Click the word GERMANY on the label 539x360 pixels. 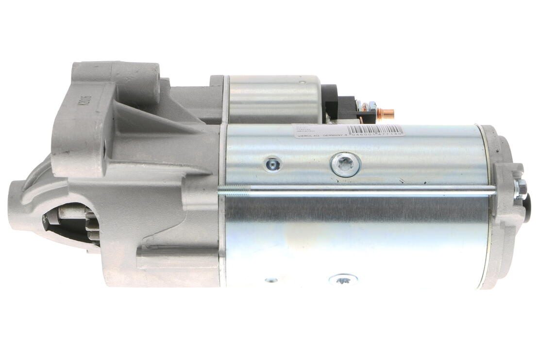[x=330, y=136]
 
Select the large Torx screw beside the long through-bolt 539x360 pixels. [x=346, y=165]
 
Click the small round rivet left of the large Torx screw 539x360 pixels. [x=272, y=164]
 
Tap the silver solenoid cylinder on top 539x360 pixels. [x=274, y=99]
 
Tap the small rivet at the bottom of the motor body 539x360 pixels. [x=271, y=280]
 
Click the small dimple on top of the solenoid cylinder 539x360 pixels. [x=302, y=83]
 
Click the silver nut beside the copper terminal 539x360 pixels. [x=371, y=106]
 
